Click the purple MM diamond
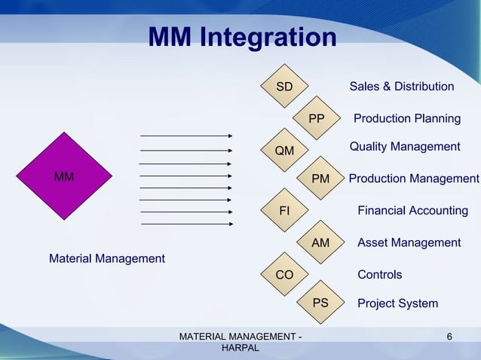pyautogui.click(x=64, y=177)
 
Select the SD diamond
pyautogui.click(x=284, y=87)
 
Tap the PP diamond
pyautogui.click(x=317, y=119)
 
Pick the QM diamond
pyautogui.click(x=284, y=151)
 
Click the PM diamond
pyautogui.click(x=320, y=179)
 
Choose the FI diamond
pyautogui.click(x=284, y=211)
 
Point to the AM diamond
pyautogui.click(x=320, y=243)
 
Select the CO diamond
pyautogui.click(x=284, y=275)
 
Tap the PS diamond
pyautogui.click(x=320, y=303)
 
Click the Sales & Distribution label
pyautogui.click(x=401, y=87)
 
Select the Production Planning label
pyautogui.click(x=407, y=119)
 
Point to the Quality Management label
pyautogui.click(x=404, y=147)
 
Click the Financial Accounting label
pyautogui.click(x=412, y=211)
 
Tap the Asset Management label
pyautogui.click(x=409, y=243)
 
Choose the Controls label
pyautogui.click(x=379, y=275)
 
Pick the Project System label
pyautogui.click(x=397, y=304)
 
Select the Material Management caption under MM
pyautogui.click(x=106, y=259)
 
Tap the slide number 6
pyautogui.click(x=449, y=336)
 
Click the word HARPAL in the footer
pyautogui.click(x=240, y=349)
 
